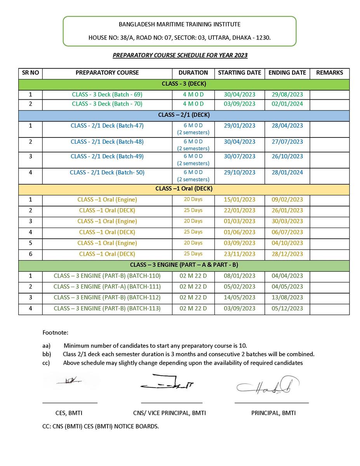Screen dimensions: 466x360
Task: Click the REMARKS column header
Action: (329, 73)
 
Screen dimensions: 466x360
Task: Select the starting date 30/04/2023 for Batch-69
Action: (240, 94)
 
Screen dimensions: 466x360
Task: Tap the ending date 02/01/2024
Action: (287, 104)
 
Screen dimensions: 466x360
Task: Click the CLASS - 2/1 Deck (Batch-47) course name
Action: (107, 125)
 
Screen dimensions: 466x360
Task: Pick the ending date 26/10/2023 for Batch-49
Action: (287, 156)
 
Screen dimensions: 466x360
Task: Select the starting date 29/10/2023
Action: (240, 172)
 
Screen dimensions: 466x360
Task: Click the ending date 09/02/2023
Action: (287, 200)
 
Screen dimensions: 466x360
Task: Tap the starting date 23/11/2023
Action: (240, 254)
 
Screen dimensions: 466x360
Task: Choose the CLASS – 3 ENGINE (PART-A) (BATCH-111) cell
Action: (107, 287)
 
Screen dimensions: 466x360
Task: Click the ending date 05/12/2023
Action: (287, 308)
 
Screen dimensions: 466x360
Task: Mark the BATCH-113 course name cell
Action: (107, 308)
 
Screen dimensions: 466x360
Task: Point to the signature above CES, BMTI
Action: (69, 381)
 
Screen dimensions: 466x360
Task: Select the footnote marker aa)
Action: (46, 346)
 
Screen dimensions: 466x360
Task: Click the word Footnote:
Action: (55, 332)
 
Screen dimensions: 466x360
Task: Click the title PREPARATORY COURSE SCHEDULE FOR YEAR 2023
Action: (180, 55)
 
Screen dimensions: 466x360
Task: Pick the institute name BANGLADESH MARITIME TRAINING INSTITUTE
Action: (179, 24)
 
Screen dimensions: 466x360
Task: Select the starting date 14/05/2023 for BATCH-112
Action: (240, 297)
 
